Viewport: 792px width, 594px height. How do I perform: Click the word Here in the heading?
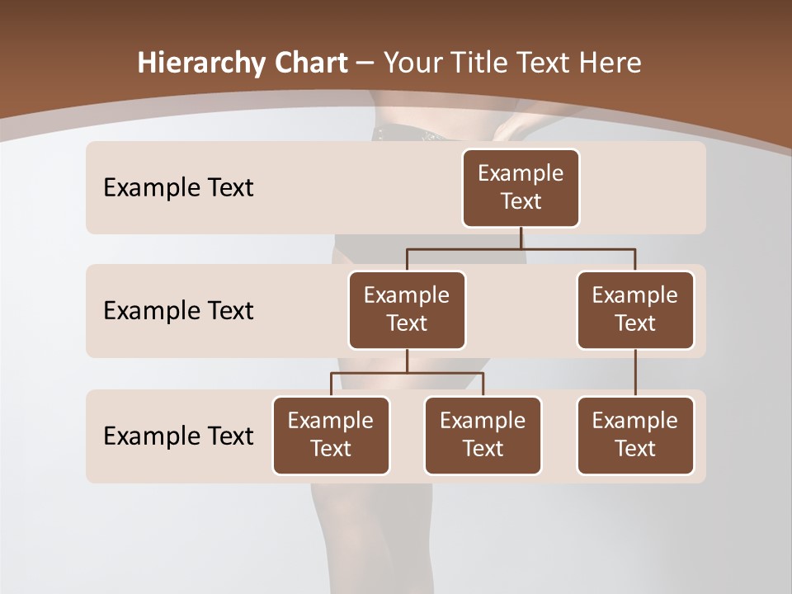(x=609, y=63)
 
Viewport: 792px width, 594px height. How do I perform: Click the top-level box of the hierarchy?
(x=521, y=187)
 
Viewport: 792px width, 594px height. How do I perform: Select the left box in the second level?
(x=407, y=309)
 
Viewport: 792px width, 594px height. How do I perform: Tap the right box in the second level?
(x=635, y=309)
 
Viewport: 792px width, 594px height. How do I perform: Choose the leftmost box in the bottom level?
(x=331, y=435)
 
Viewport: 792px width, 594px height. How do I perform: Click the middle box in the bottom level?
(x=483, y=435)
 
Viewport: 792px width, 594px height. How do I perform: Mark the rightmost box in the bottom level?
(x=635, y=435)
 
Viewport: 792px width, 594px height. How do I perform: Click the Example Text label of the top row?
(x=178, y=188)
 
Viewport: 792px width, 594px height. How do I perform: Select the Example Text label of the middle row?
(x=178, y=311)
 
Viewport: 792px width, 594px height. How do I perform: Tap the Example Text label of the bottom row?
(x=178, y=436)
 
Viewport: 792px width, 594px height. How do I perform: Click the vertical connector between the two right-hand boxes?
(x=635, y=373)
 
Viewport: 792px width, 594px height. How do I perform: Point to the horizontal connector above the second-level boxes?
(x=521, y=248)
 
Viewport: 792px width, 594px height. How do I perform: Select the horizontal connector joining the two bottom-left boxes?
(x=407, y=373)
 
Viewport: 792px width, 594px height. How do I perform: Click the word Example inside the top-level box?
(x=521, y=173)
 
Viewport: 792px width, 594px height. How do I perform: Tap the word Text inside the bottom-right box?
(x=635, y=449)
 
